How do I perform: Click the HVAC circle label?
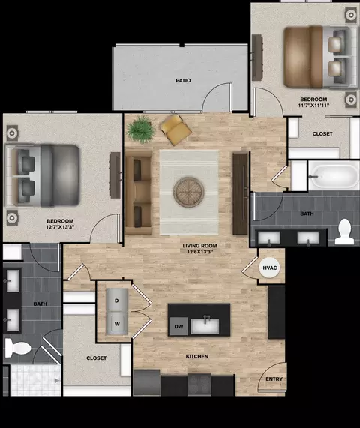coord(269,268)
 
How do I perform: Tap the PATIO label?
coord(183,80)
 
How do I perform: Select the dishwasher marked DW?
coord(178,327)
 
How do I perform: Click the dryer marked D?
coord(117,300)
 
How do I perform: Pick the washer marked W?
coord(117,324)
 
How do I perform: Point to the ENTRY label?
coord(274,379)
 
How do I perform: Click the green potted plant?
coord(141,129)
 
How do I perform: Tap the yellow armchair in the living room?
coord(175,130)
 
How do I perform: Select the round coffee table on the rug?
coord(189,192)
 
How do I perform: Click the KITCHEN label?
coord(197,357)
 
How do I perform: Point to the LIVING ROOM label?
coord(200,246)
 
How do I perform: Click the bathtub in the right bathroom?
coord(334,176)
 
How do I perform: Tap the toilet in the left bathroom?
coord(18,349)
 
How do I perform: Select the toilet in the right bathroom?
coord(345,232)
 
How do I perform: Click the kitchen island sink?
coord(205,326)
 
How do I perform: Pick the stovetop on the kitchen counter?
coord(199,385)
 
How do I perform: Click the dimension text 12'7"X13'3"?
coord(60,226)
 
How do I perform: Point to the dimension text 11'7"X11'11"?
coord(313,105)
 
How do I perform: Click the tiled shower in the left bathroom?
coord(35,380)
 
